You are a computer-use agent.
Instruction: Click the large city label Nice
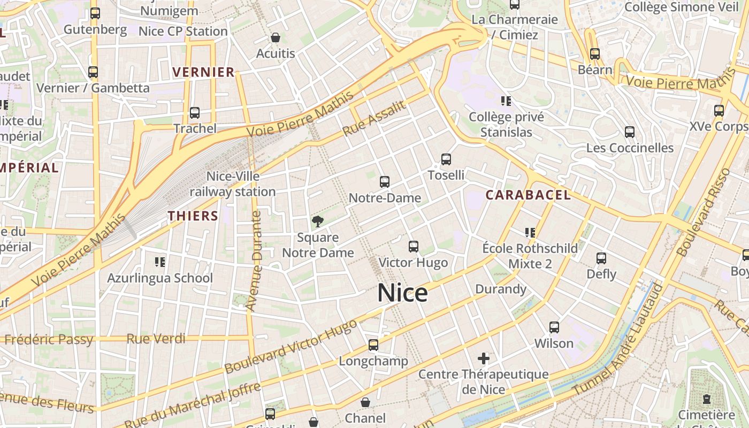(x=402, y=293)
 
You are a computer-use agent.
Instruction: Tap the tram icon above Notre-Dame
(x=384, y=182)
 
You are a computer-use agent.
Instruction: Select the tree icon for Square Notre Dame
(x=318, y=221)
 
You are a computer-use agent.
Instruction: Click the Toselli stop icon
(x=446, y=159)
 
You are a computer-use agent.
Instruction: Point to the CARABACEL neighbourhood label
(x=528, y=195)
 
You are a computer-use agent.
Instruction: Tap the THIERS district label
(x=193, y=216)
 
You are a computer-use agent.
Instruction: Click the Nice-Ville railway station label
(x=233, y=184)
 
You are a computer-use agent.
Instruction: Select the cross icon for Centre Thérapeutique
(x=484, y=358)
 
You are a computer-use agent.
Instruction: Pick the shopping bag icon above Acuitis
(x=276, y=37)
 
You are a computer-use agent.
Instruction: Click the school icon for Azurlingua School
(x=159, y=262)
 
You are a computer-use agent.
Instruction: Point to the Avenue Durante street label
(x=255, y=261)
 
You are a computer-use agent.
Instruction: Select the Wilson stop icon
(x=554, y=327)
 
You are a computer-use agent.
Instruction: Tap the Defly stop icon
(x=601, y=258)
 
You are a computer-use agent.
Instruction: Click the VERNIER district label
(x=203, y=72)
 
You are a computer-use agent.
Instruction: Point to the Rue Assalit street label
(x=374, y=118)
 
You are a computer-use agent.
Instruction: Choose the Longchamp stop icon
(x=373, y=345)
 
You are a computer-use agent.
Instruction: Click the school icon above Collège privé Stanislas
(x=506, y=101)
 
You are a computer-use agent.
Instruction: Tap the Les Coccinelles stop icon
(x=630, y=132)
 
